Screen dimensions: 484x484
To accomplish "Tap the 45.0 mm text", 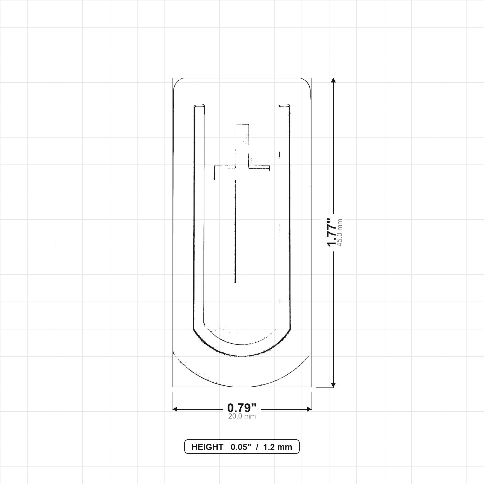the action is tap(340, 233).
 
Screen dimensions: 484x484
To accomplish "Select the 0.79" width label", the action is tap(242, 408).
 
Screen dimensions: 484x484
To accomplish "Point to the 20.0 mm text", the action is tap(242, 416).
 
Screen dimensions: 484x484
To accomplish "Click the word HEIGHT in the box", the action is tap(207, 447).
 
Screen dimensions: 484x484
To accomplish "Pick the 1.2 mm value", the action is tap(278, 447).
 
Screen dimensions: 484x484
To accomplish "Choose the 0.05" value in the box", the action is tap(241, 447).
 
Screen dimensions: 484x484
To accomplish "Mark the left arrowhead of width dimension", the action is tap(175, 409).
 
